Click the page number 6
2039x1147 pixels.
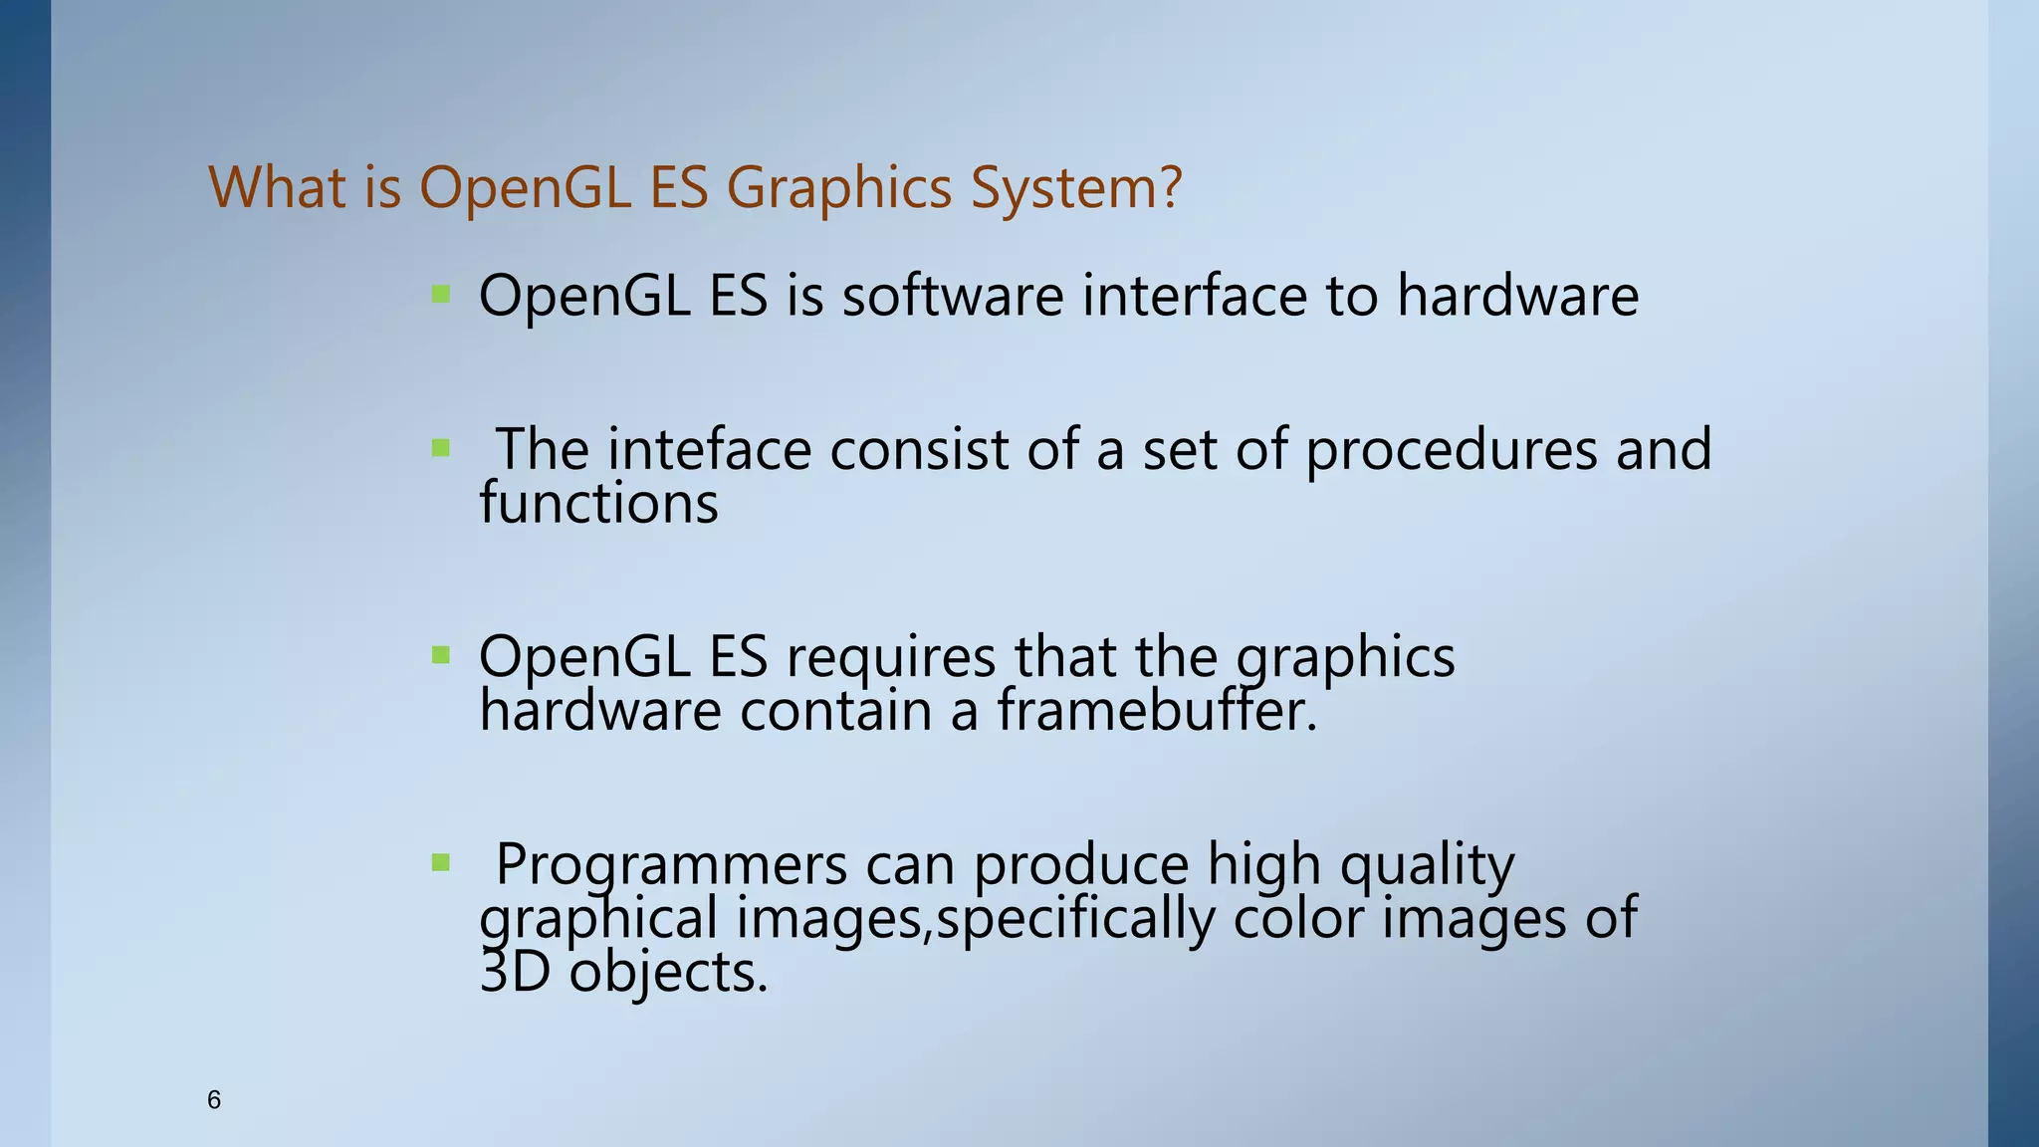point(213,1100)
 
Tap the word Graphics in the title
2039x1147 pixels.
point(839,187)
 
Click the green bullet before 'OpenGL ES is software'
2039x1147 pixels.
point(441,294)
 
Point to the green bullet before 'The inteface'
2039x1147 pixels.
point(441,448)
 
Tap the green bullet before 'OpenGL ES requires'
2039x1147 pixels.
point(441,655)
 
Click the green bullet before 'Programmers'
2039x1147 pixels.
point(441,862)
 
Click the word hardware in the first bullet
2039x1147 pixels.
point(1516,296)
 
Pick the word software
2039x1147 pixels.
point(953,296)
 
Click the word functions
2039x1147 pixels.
point(598,503)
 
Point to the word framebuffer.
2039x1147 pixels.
point(1156,710)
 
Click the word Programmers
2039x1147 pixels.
point(671,864)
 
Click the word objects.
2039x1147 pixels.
point(668,972)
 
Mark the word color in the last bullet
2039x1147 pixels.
point(1297,918)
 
